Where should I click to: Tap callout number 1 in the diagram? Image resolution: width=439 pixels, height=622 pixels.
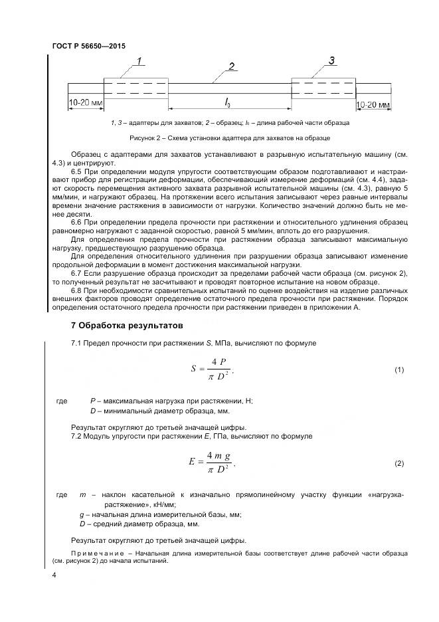tap(140, 62)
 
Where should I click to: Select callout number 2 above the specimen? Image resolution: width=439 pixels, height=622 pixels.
tap(231, 66)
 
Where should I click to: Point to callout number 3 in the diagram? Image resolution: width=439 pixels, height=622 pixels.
tap(331, 61)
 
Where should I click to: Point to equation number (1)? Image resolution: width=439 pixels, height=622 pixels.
tap(399, 369)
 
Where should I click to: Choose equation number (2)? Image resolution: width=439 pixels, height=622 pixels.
tap(399, 463)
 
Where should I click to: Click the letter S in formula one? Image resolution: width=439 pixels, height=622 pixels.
tap(193, 369)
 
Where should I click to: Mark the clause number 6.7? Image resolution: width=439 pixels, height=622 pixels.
tap(77, 273)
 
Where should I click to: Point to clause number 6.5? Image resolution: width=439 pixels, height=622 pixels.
tap(77, 172)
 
